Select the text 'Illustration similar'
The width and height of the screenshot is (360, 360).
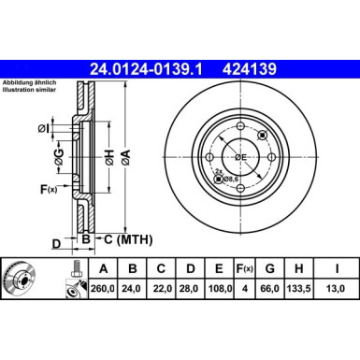click(x=30, y=92)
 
